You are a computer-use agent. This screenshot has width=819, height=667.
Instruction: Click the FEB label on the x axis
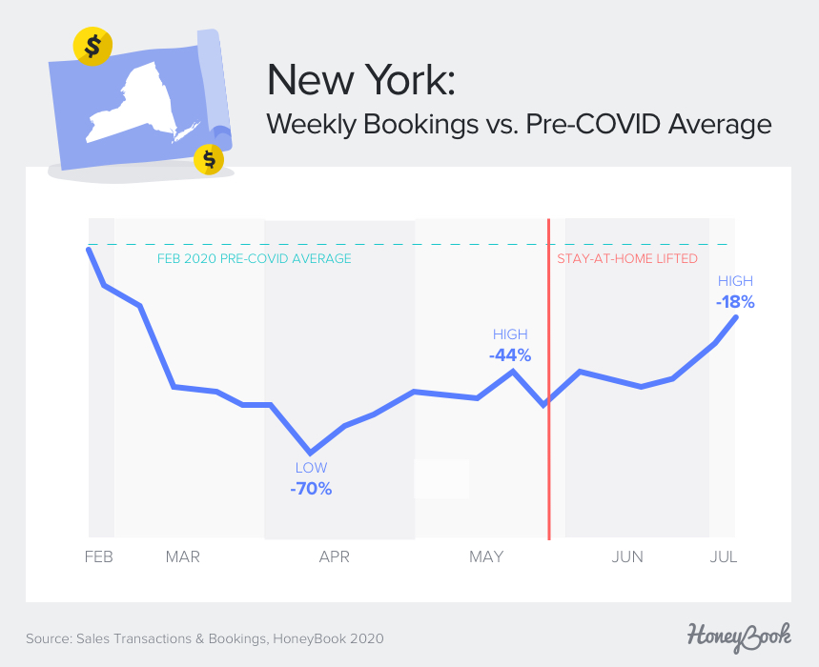point(98,556)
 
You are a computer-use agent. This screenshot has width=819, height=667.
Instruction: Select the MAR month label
point(182,556)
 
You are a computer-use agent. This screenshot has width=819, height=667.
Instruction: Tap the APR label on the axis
point(334,556)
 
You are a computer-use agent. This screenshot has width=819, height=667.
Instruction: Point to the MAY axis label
point(486,556)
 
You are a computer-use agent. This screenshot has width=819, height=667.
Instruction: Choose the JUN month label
point(626,556)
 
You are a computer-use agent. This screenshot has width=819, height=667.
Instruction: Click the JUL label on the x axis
point(724,556)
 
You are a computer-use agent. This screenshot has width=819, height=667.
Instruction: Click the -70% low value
point(311,489)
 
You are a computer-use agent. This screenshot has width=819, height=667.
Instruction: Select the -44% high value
point(510,355)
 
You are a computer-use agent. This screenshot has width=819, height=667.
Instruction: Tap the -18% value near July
point(735,302)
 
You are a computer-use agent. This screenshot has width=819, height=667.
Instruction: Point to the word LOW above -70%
point(311,468)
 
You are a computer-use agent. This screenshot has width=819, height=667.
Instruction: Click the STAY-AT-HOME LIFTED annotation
point(627,258)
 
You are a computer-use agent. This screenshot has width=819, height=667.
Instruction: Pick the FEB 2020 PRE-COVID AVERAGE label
point(254,259)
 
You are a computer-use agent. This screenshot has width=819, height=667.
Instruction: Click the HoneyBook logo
point(739,635)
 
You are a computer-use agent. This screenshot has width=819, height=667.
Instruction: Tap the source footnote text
point(205,637)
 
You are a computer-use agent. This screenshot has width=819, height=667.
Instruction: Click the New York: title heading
point(361,80)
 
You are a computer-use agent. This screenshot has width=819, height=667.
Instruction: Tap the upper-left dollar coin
point(92,46)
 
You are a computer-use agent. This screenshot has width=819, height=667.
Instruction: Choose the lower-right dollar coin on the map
point(208,159)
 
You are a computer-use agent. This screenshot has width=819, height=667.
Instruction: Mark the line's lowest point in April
point(309,453)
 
